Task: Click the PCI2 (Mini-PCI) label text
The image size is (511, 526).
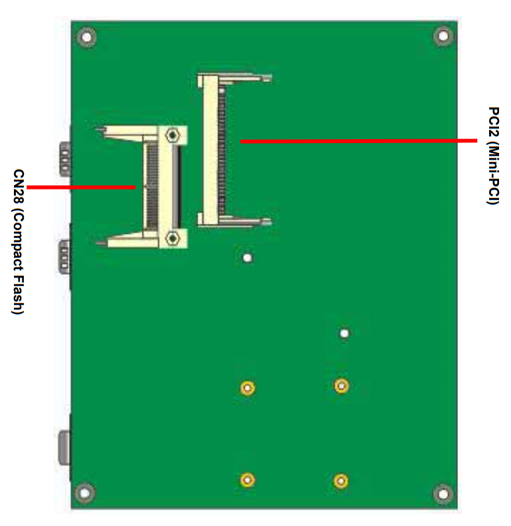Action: tap(494, 155)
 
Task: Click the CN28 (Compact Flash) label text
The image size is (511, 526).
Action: tap(18, 242)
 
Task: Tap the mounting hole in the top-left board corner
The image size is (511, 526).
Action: tap(87, 37)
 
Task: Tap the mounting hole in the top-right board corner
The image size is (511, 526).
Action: tap(443, 36)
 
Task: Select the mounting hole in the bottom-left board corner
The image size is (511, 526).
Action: tap(85, 493)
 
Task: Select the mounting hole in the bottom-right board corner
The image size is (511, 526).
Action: tap(443, 494)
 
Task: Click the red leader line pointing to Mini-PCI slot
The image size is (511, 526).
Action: tap(359, 141)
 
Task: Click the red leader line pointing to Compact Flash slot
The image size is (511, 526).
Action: tap(81, 187)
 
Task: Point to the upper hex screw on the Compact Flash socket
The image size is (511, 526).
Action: tap(172, 135)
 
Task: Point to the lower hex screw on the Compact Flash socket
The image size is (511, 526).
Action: tap(172, 238)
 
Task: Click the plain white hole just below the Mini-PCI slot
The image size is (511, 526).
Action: tap(248, 258)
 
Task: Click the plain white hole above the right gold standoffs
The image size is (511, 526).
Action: tap(344, 333)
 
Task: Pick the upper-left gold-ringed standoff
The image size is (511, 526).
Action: tap(248, 388)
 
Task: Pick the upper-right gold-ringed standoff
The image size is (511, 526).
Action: tap(341, 386)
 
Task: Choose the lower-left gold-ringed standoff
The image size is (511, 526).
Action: tap(248, 480)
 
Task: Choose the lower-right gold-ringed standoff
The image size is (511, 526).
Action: tap(341, 481)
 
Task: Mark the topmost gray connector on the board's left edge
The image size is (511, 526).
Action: tap(65, 159)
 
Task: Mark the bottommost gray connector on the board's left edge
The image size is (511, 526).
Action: tap(64, 448)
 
